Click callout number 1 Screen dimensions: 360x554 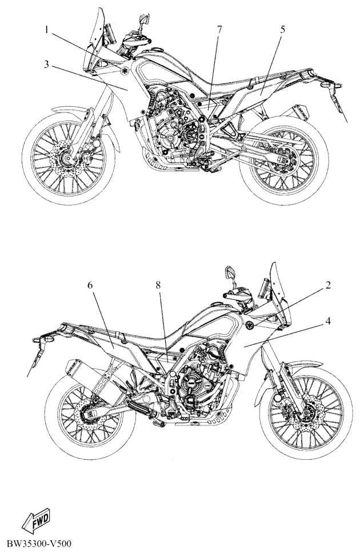point(46,30)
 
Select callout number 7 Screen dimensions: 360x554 point(219,30)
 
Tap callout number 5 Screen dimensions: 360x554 point(282,30)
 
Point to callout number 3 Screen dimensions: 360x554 point(46,65)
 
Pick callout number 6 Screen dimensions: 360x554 point(90,286)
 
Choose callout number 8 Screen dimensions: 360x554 point(158,286)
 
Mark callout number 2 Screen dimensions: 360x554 point(328,286)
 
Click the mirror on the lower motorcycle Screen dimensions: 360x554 point(230,273)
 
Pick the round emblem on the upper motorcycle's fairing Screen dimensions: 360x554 point(125,71)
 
